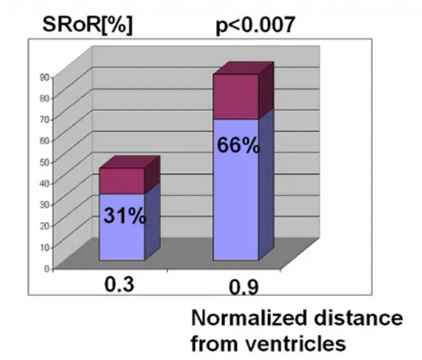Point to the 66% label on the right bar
click(238, 146)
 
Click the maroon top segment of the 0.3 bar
click(122, 181)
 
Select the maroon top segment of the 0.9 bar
click(236, 96)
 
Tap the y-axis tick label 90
click(45, 77)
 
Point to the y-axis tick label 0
click(47, 268)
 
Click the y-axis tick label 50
click(45, 162)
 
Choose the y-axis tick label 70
click(45, 119)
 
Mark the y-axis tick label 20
click(45, 226)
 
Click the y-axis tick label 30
click(45, 204)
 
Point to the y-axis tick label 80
click(45, 98)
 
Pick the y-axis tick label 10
click(45, 247)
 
